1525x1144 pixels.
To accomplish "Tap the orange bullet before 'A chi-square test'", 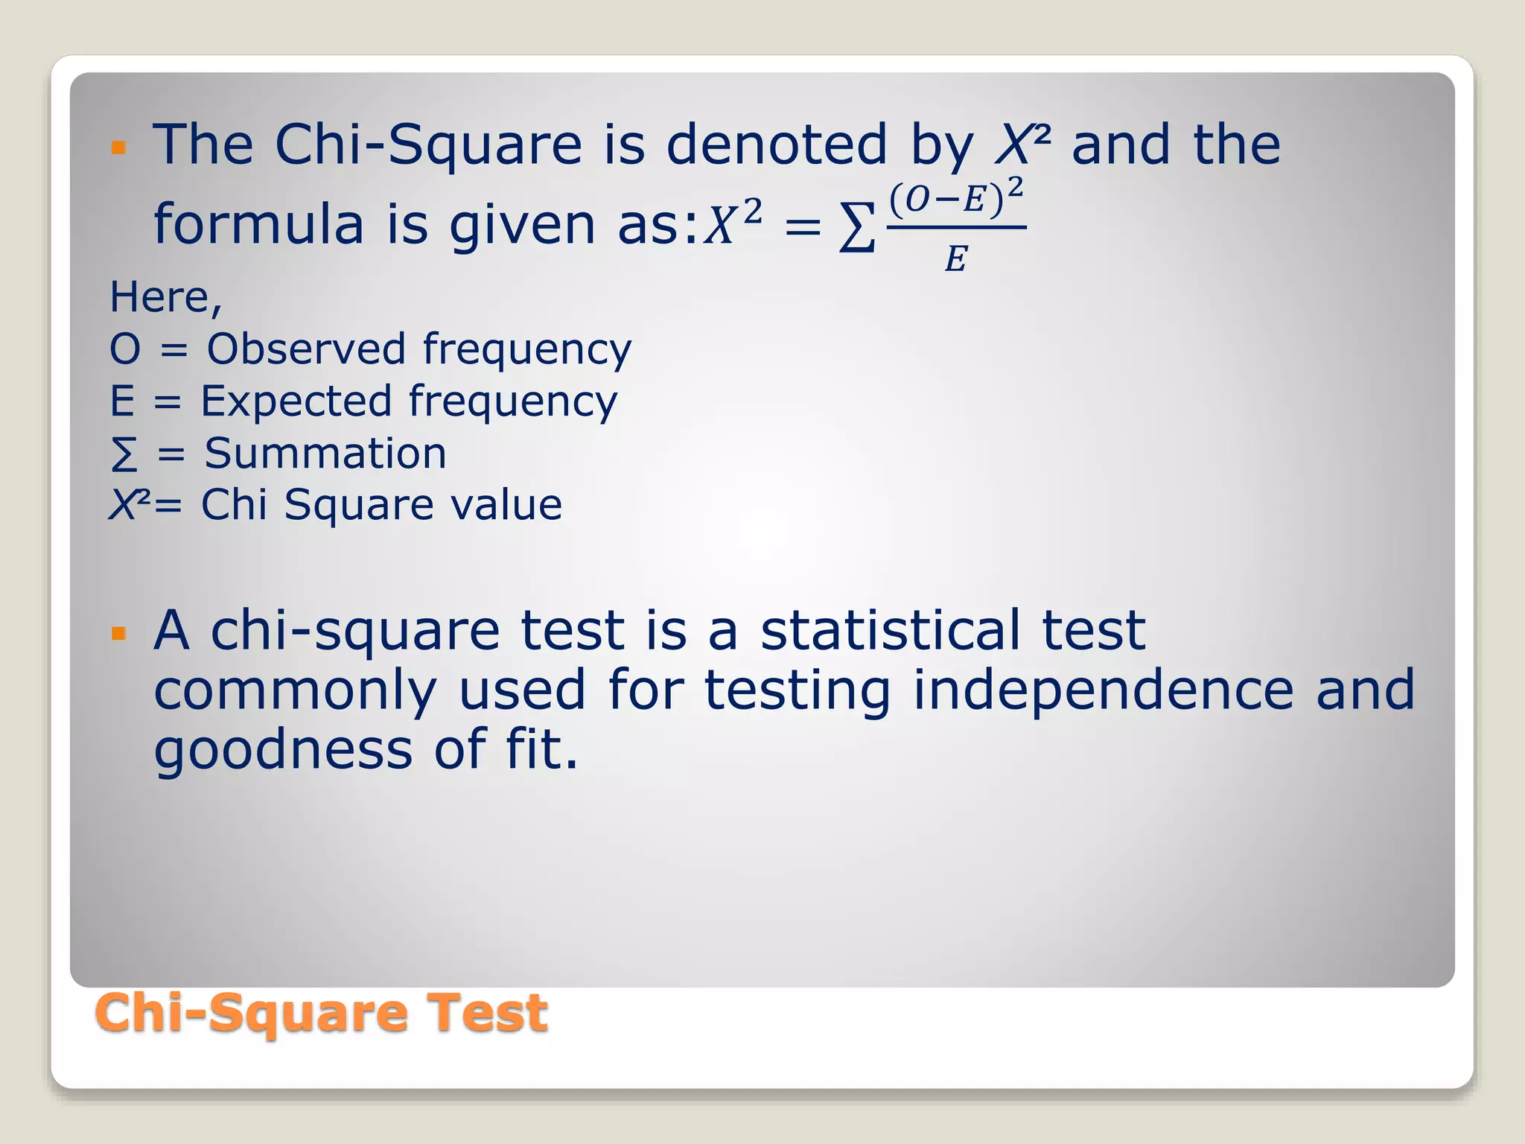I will pos(118,634).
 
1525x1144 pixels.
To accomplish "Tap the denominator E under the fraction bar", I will pos(955,259).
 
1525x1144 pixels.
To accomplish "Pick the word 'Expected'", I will pos(296,401).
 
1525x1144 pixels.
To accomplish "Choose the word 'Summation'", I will pos(325,453).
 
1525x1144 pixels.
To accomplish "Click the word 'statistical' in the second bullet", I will pos(890,630).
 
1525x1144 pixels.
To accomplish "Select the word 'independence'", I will pos(1103,689).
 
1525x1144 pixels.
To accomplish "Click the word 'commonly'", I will pos(295,690).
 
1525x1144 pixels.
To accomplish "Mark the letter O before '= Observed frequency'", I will pos(124,349).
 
